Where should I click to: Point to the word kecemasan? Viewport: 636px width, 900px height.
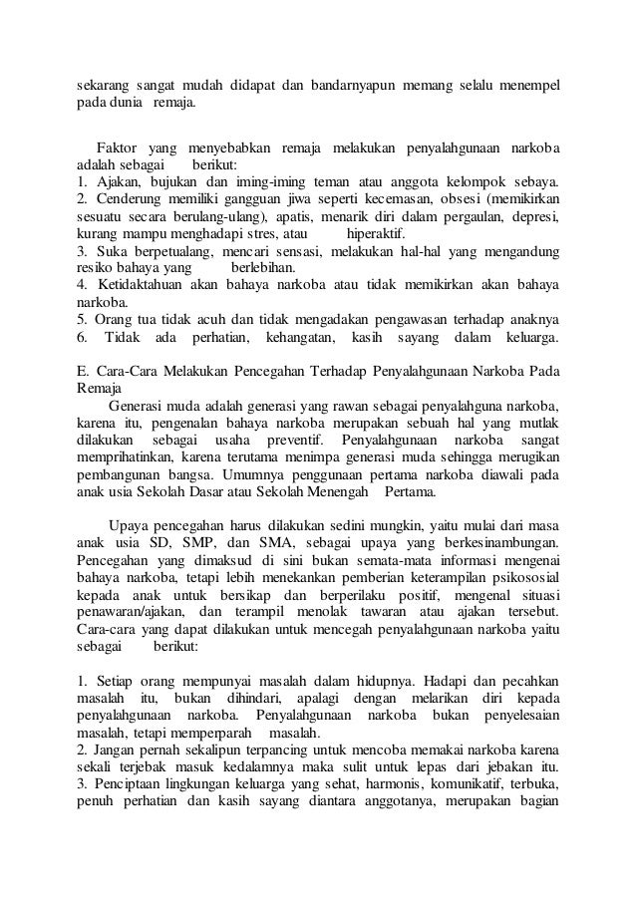click(399, 201)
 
